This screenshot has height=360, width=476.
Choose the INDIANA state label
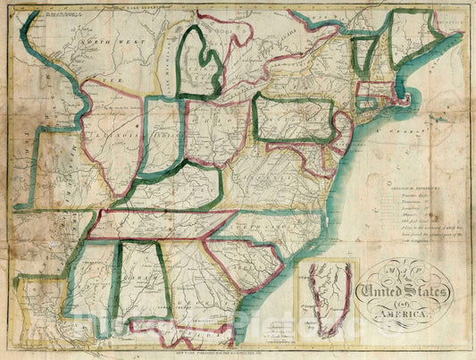(163, 138)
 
